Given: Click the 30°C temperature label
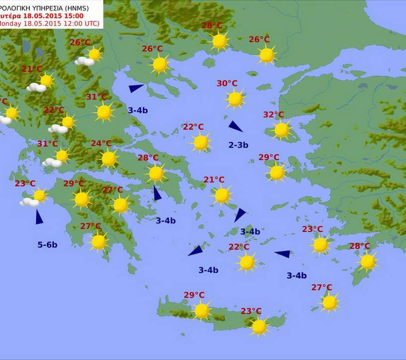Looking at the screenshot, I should coord(227,83).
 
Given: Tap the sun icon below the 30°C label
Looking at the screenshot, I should coord(235,99).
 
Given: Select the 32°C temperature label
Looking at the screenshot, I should coord(273,115).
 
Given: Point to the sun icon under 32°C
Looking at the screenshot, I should coord(281,130).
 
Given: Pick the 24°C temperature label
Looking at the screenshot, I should coord(101,144).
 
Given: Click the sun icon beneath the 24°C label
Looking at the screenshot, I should coord(108,158).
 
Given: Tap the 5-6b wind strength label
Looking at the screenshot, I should coord(48,245).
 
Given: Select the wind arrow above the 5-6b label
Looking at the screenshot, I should coord(39,217).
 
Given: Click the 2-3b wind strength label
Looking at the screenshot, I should coord(238,145).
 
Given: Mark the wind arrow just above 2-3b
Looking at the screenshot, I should coord(235,126).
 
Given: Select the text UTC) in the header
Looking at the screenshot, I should coord(89,23).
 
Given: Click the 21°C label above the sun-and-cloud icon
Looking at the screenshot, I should coord(32,69).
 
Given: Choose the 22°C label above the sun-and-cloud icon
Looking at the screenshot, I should coord(53,110).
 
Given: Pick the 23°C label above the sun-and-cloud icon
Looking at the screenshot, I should coord(25,184).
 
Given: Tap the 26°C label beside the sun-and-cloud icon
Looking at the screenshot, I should coord(80,43).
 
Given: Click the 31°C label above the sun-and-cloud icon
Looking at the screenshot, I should coord(48,144).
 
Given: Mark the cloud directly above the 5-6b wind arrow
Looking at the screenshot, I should coord(29,202).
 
